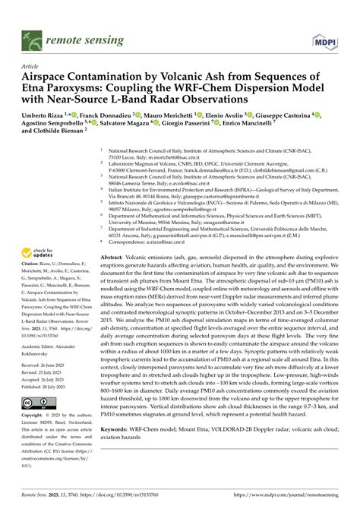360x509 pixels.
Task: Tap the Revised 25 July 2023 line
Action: click(49, 371)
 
